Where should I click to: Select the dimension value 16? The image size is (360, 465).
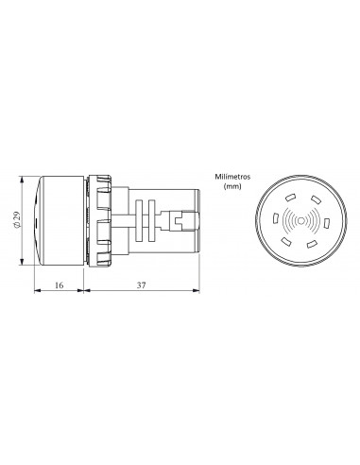pos(60,283)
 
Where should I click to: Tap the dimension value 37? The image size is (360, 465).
pos(143,283)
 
